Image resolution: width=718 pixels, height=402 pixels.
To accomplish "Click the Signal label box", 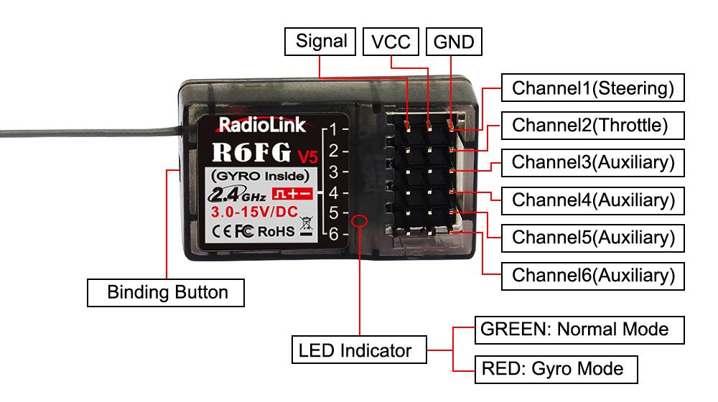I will click(x=321, y=41).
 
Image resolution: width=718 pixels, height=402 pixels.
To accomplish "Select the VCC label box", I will click(x=391, y=42).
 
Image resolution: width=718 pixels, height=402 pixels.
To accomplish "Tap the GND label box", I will click(x=454, y=42).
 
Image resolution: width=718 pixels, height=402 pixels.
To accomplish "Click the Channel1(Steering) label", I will click(x=592, y=89).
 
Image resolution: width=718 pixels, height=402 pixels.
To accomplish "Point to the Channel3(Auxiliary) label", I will click(x=592, y=162).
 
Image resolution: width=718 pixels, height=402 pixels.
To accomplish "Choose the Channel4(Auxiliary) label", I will click(x=592, y=200).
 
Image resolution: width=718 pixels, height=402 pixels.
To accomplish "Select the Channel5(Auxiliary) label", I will click(x=592, y=237).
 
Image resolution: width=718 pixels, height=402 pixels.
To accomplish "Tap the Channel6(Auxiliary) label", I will click(x=592, y=274).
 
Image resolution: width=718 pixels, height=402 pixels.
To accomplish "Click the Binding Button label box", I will click(x=167, y=293).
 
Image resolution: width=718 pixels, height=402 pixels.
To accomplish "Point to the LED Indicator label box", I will click(x=355, y=351).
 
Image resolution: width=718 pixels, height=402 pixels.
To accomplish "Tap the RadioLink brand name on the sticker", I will click(x=261, y=126).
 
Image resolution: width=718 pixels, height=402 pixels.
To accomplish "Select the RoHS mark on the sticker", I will click(x=276, y=231).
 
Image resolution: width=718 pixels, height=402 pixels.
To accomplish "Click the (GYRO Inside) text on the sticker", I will click(x=259, y=175).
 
